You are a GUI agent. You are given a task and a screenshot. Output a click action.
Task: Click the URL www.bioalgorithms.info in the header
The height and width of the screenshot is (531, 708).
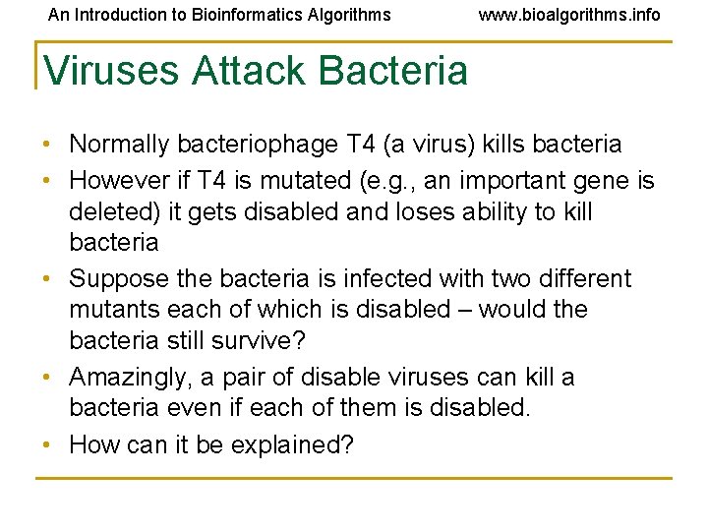(569, 15)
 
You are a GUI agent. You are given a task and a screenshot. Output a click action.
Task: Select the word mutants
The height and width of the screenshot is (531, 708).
(110, 310)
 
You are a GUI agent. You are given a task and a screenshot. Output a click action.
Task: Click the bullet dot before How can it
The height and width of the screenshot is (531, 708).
(49, 444)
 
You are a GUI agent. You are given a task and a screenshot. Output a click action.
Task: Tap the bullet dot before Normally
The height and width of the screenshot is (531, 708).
(49, 146)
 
